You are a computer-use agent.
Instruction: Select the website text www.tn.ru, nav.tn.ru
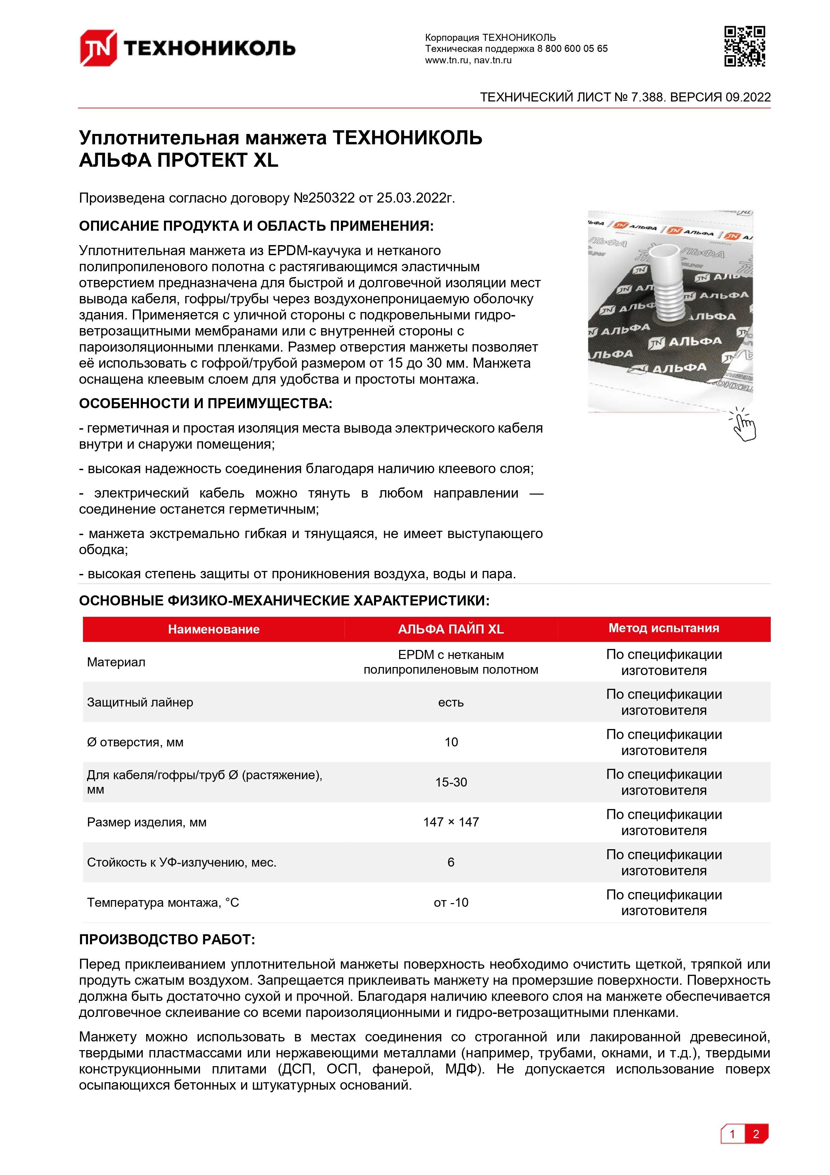click(468, 60)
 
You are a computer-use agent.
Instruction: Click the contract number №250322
click(324, 198)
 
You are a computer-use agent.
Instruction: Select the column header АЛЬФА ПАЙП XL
click(451, 629)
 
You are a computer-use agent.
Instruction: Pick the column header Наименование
click(214, 629)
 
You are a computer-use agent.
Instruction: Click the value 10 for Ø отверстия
click(451, 742)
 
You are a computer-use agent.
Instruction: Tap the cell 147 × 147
click(451, 822)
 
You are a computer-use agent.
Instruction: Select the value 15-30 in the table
click(451, 782)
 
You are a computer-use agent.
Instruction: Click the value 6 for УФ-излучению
click(451, 862)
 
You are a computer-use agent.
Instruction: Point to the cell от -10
click(451, 902)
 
